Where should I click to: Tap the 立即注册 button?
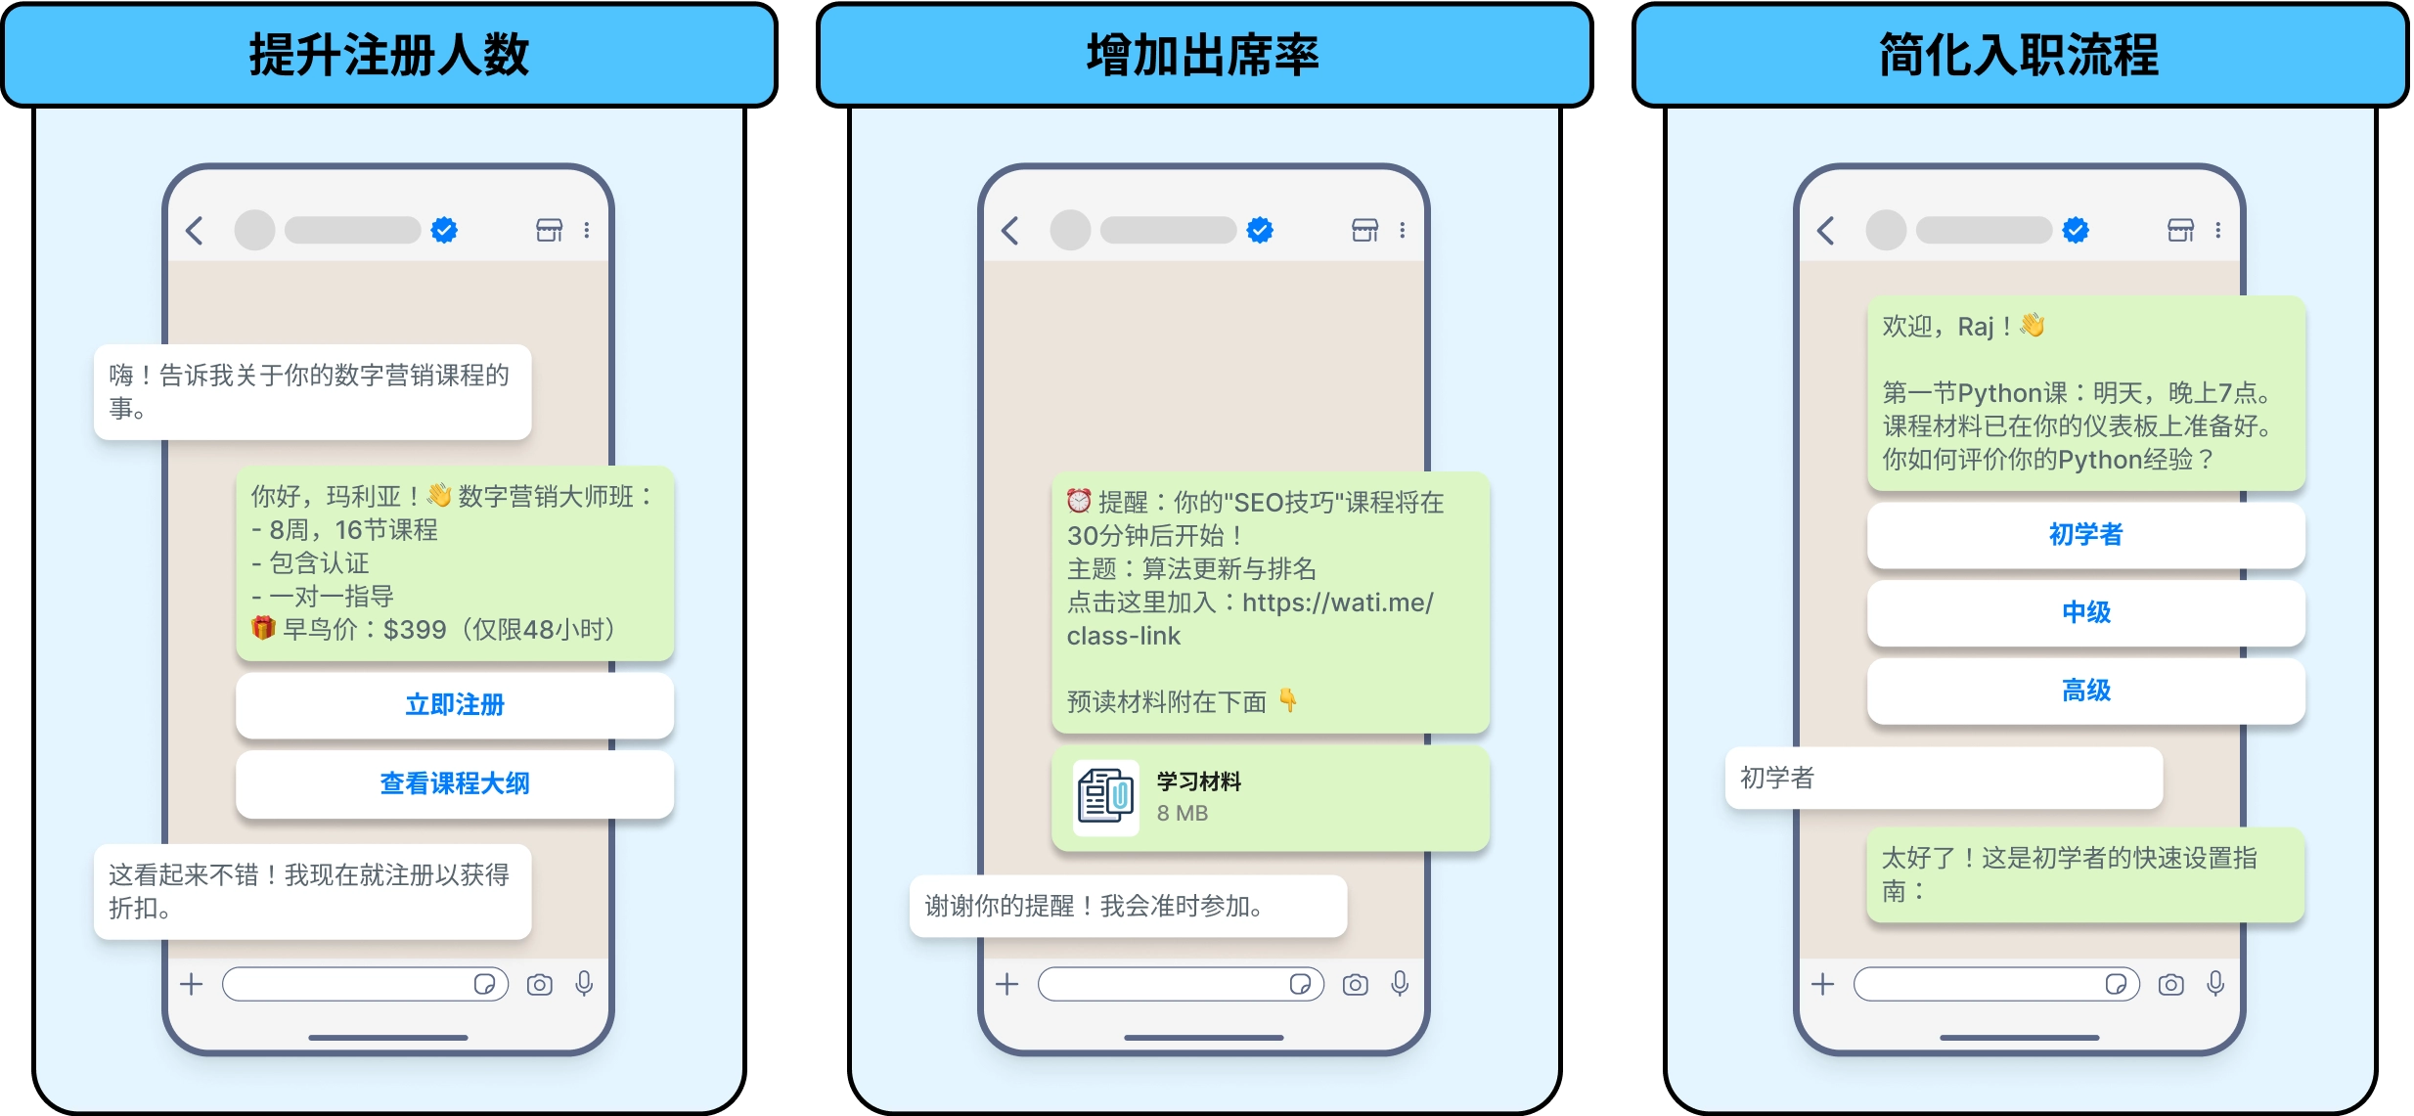click(x=455, y=705)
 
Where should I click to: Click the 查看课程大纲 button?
click(x=455, y=783)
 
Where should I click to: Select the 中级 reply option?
click(x=2085, y=613)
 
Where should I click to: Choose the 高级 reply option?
click(x=2085, y=691)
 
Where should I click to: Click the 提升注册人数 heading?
click(x=389, y=55)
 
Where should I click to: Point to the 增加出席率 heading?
click(x=1203, y=55)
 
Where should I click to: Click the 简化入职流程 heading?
click(x=2019, y=55)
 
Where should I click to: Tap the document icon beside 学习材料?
click(x=1105, y=797)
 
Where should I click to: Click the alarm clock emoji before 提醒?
click(x=1079, y=501)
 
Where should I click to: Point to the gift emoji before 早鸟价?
click(x=263, y=628)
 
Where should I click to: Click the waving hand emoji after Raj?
click(x=2033, y=325)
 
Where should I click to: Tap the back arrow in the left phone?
click(x=195, y=231)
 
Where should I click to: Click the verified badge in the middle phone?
click(x=1260, y=231)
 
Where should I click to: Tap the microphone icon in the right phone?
click(x=2215, y=984)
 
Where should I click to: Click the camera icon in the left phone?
click(x=539, y=985)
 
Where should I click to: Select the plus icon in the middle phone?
click(x=1007, y=984)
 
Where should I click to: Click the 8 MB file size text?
click(x=1182, y=813)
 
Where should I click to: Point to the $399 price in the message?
click(x=415, y=630)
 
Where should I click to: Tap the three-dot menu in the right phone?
click(x=2218, y=231)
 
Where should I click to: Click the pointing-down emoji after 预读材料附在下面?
click(x=1288, y=700)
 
